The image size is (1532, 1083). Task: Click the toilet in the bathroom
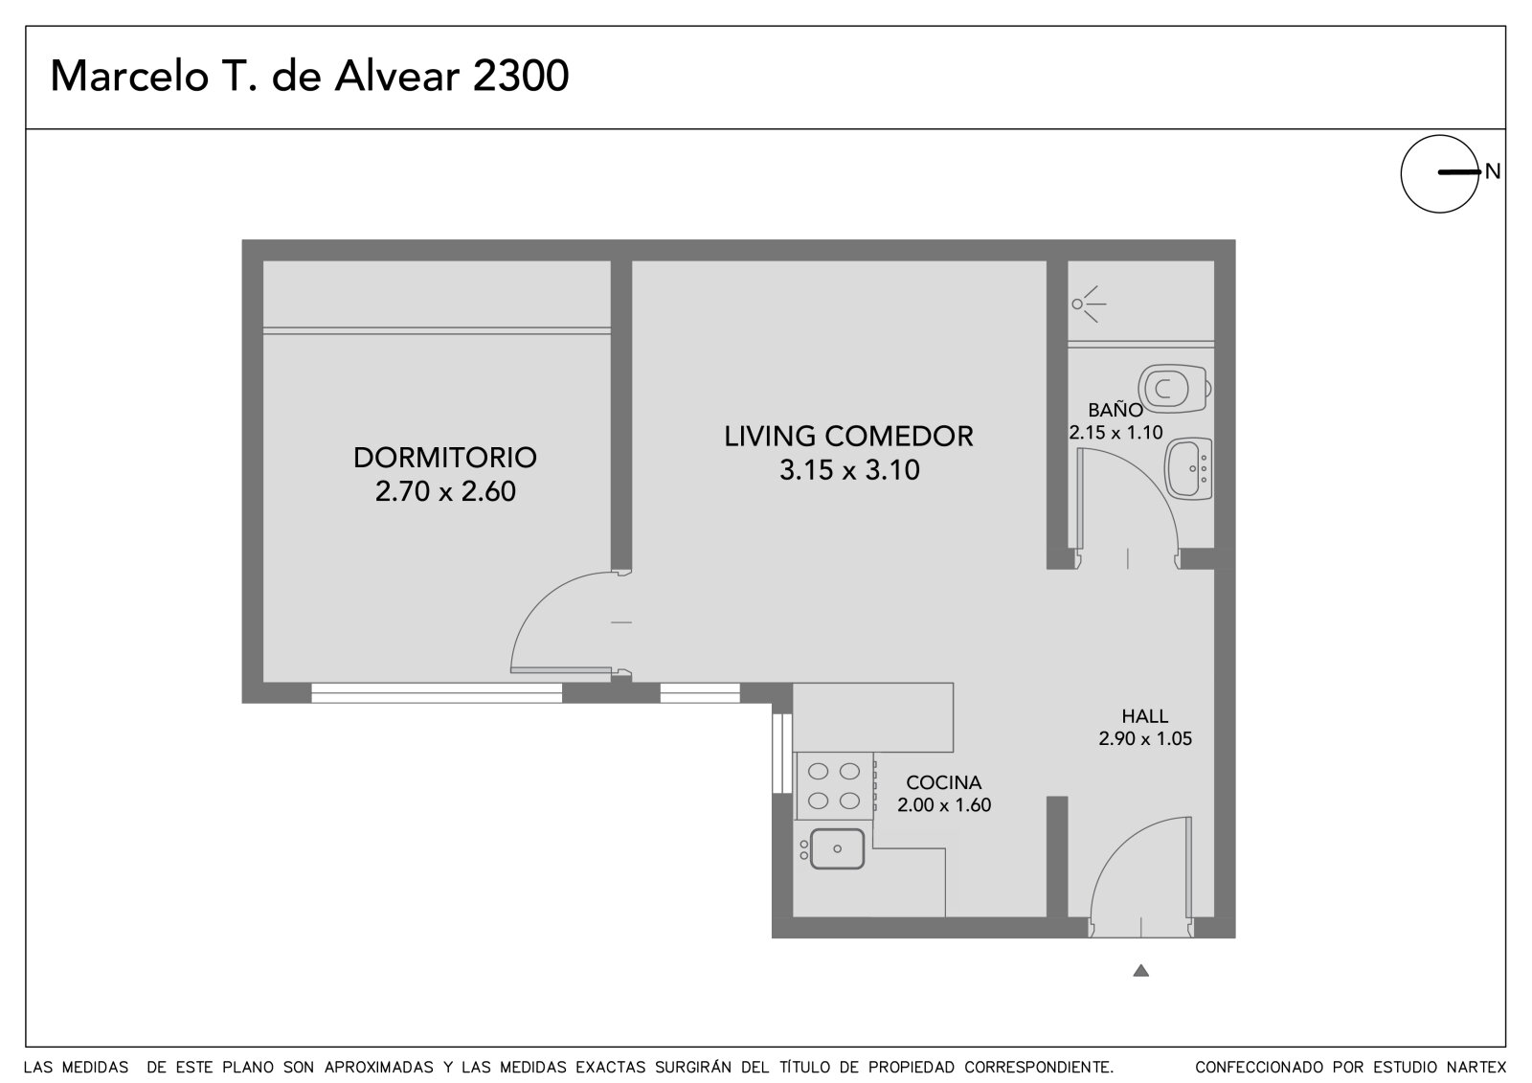pyautogui.click(x=1174, y=388)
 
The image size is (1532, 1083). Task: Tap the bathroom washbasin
pyautogui.click(x=1188, y=468)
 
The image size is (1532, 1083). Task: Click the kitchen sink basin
pyautogui.click(x=837, y=849)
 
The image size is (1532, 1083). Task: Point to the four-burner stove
pyautogui.click(x=834, y=786)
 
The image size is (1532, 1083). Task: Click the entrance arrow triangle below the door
pyautogui.click(x=1140, y=971)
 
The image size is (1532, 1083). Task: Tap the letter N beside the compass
pyautogui.click(x=1493, y=171)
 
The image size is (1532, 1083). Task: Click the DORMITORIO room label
pyautogui.click(x=444, y=458)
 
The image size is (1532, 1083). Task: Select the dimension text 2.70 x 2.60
pyautogui.click(x=445, y=491)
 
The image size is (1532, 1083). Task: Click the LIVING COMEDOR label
pyautogui.click(x=848, y=437)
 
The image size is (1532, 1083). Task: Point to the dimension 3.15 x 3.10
pyautogui.click(x=849, y=470)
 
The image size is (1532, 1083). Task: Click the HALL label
pyautogui.click(x=1145, y=716)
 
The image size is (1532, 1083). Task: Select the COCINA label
pyautogui.click(x=944, y=782)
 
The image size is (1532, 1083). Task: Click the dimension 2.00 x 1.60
pyautogui.click(x=944, y=805)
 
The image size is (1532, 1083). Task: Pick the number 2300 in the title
pyautogui.click(x=521, y=76)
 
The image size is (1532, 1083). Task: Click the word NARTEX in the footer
pyautogui.click(x=1476, y=1068)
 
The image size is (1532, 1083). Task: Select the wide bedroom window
pyautogui.click(x=437, y=693)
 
